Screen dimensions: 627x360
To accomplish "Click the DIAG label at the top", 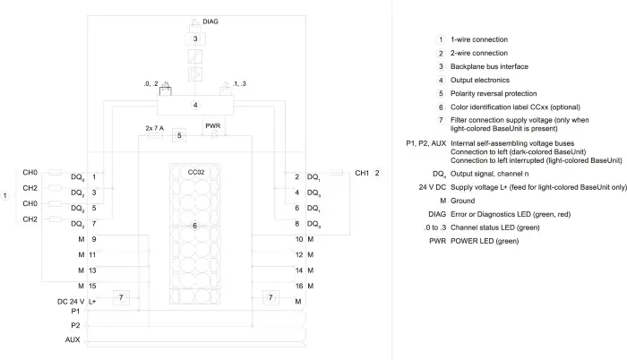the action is pyautogui.click(x=210, y=21).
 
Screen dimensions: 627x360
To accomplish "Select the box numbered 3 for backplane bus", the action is pyautogui.click(x=195, y=39).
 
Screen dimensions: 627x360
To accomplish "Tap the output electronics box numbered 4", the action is pyautogui.click(x=195, y=105).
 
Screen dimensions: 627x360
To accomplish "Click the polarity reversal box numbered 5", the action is pyautogui.click(x=179, y=135).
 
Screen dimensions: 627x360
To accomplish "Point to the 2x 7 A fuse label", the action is pyautogui.click(x=155, y=128).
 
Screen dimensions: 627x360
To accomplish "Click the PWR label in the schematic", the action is pyautogui.click(x=213, y=126).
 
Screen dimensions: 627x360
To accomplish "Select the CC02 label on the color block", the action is pyautogui.click(x=196, y=173).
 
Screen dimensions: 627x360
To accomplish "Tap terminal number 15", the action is pyautogui.click(x=92, y=286).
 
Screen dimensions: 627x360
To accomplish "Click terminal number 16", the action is pyautogui.click(x=299, y=286).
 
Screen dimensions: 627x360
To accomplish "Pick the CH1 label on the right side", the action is pyautogui.click(x=362, y=173).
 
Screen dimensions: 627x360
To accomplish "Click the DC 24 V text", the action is pyautogui.click(x=71, y=302).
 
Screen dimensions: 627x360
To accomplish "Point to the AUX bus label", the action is pyautogui.click(x=73, y=339).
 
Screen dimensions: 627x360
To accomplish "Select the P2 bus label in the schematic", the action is pyautogui.click(x=75, y=325).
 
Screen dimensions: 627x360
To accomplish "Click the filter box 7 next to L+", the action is pyautogui.click(x=121, y=297).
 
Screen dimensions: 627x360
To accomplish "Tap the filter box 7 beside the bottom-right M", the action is pyautogui.click(x=271, y=297).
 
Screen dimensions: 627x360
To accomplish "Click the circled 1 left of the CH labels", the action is pyautogui.click(x=4, y=195).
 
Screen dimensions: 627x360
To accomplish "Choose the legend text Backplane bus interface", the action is pyautogui.click(x=489, y=67).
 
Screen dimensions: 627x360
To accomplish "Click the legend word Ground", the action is pyautogui.click(x=463, y=201).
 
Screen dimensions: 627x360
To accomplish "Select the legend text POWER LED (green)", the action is pyautogui.click(x=485, y=241).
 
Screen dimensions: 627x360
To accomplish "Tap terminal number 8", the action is pyautogui.click(x=297, y=224).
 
